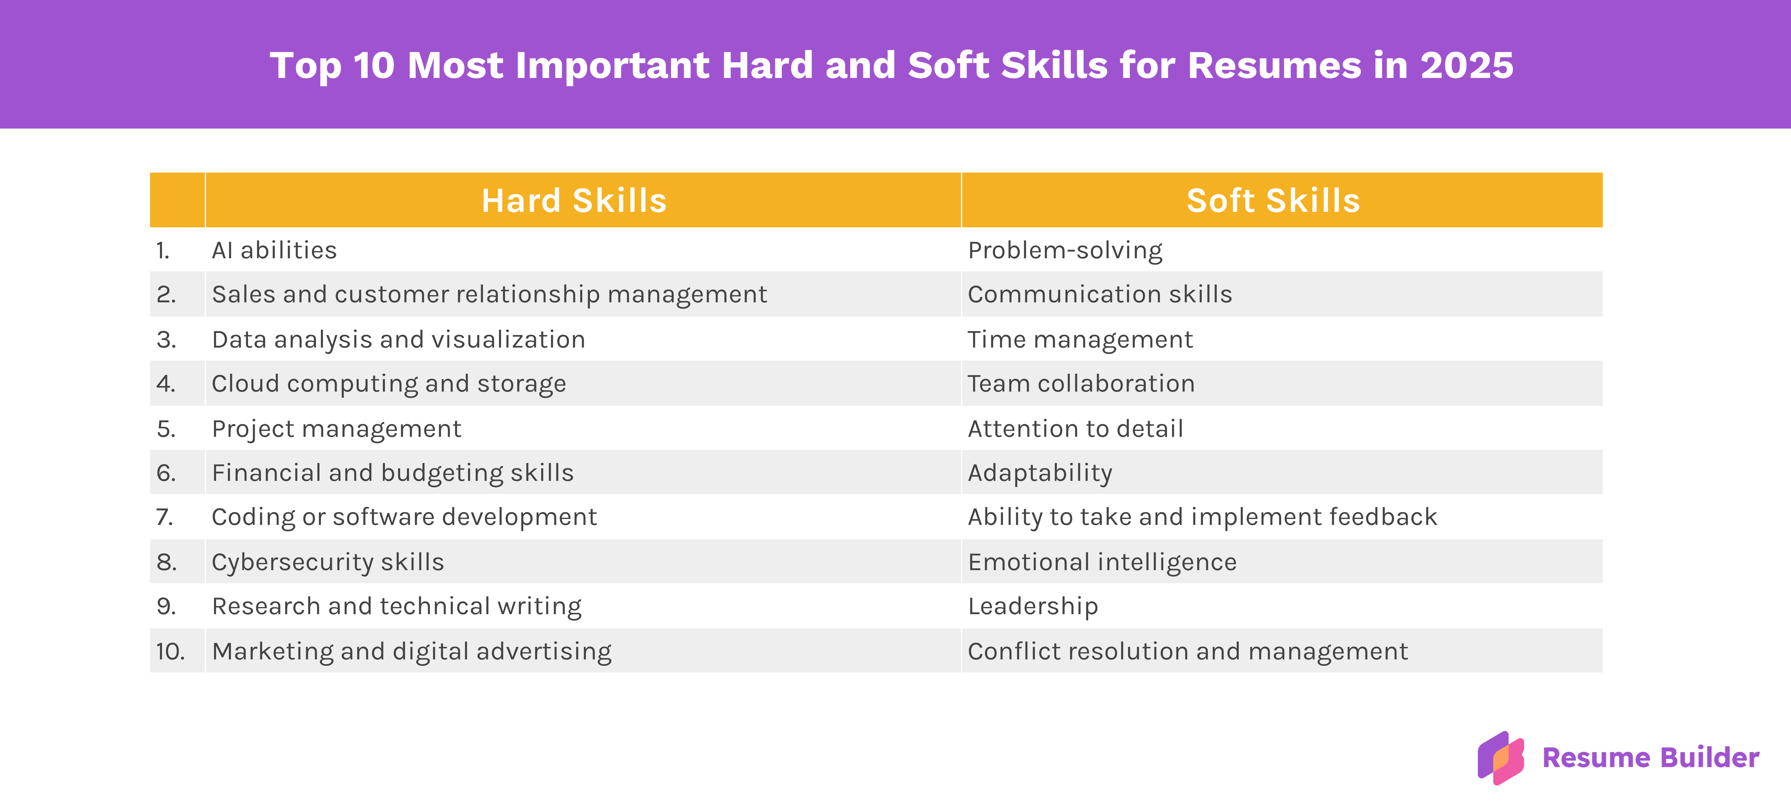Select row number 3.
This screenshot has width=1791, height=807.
(166, 339)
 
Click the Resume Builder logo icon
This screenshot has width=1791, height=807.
(1500, 758)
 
